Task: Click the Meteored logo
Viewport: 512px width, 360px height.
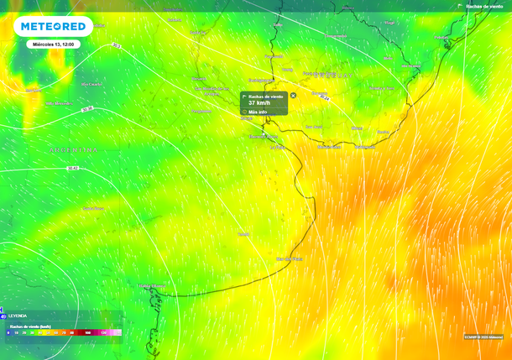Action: click(53, 27)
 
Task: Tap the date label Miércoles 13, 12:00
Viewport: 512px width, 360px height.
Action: click(53, 44)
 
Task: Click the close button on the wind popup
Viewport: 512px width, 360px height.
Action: click(293, 96)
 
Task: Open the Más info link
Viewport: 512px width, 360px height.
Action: click(258, 111)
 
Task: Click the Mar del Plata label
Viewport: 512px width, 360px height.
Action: click(289, 259)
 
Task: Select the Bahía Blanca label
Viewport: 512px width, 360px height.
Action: click(151, 285)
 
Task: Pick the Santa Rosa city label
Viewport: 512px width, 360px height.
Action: click(93, 208)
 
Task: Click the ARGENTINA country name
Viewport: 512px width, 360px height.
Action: click(74, 150)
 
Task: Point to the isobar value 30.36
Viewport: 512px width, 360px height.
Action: click(87, 109)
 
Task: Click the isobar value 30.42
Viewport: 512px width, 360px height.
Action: click(72, 168)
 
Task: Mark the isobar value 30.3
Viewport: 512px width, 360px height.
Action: click(116, 45)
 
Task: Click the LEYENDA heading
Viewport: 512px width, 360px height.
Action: click(18, 316)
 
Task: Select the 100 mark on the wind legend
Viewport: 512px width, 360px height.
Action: click(88, 333)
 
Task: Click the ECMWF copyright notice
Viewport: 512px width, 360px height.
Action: click(483, 337)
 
